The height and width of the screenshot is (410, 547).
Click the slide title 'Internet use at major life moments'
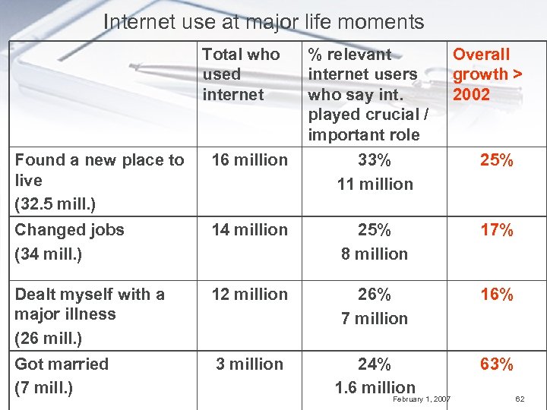tap(263, 22)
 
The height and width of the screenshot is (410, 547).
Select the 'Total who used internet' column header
tap(241, 74)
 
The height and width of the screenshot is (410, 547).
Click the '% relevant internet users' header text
tap(362, 65)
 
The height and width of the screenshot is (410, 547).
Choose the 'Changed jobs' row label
tap(69, 230)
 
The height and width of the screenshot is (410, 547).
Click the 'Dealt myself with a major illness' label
tap(89, 304)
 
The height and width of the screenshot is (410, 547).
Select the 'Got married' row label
tap(62, 364)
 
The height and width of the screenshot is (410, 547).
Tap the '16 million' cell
tap(250, 160)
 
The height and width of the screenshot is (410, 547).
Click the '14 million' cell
tap(250, 230)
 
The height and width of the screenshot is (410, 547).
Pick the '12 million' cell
tap(250, 295)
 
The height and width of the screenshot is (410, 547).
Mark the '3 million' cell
tap(250, 364)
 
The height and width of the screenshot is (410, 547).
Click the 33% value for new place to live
tap(375, 160)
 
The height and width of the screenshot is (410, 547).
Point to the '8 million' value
tap(375, 254)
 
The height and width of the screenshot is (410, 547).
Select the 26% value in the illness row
tap(375, 295)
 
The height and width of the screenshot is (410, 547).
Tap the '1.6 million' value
tap(375, 388)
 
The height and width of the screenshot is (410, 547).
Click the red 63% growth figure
tap(497, 365)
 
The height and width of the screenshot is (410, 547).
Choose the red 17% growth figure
tap(497, 230)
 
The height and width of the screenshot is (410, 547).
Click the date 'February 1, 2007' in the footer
tap(422, 399)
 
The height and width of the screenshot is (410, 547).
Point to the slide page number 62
tap(520, 399)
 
